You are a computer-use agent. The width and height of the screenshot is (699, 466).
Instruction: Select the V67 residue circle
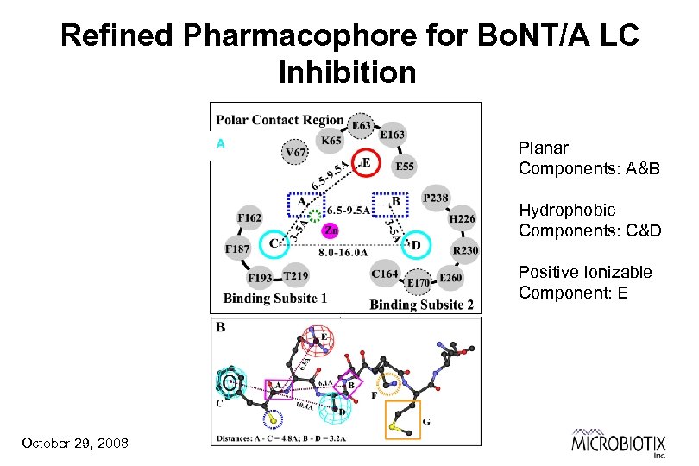tap(295, 153)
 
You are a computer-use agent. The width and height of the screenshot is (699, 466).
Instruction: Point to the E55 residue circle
tap(404, 167)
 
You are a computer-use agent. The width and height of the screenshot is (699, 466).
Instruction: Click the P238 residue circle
tap(436, 198)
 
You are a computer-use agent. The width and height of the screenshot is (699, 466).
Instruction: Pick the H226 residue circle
tap(462, 219)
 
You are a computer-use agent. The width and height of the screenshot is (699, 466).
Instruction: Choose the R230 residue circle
tap(465, 251)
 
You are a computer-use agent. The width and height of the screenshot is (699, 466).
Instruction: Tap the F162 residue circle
tap(250, 218)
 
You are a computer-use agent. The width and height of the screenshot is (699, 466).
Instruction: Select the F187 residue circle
tap(238, 249)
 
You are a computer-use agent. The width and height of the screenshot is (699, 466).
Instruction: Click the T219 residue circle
tap(295, 275)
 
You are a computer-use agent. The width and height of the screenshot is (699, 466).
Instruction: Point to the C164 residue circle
tap(385, 274)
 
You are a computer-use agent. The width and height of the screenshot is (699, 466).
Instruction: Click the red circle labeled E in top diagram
tap(366, 162)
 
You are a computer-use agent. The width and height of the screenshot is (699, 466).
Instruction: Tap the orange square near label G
tap(402, 420)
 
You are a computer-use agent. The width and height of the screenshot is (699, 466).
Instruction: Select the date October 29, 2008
tap(75, 443)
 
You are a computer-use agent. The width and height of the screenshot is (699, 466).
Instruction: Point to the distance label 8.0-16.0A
tap(344, 254)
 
